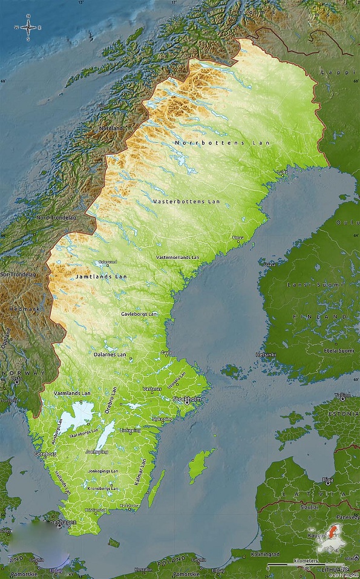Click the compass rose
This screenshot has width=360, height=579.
pos(28,28)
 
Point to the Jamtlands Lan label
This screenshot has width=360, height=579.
pos(101,276)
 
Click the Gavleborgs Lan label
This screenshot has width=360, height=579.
pos(139,314)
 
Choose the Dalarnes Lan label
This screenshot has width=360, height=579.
pos(110,355)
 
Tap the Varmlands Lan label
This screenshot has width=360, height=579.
pos(72,393)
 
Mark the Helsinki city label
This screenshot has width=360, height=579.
pos(266,354)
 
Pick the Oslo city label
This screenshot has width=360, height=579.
pos(17,379)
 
